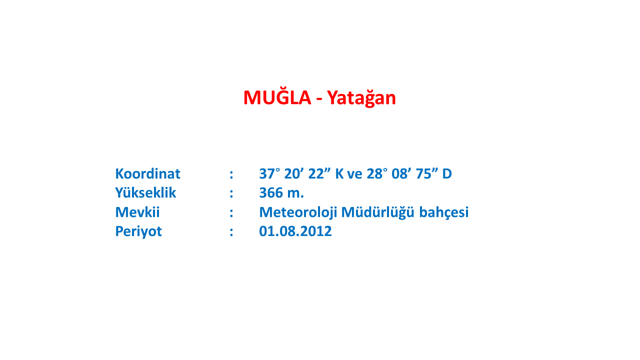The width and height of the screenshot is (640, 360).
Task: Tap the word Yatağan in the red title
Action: pos(361,98)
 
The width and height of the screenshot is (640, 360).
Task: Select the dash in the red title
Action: pos(319,99)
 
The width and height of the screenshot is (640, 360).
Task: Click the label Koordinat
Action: pos(147,173)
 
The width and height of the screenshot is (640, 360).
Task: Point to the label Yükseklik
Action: pos(145,192)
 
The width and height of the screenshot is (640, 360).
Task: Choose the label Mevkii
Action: pos(137,212)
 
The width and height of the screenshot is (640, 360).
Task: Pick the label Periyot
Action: pos(138,231)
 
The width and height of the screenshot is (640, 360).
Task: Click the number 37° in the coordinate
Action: pos(269,173)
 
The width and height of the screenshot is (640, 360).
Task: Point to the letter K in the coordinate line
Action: pos(339,173)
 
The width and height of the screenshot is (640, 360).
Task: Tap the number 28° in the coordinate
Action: pos(377,173)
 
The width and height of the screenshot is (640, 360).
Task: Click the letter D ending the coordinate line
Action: pos(447,173)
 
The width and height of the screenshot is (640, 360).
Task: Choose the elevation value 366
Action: pos(271,193)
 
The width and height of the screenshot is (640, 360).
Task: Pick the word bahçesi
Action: pos(444,212)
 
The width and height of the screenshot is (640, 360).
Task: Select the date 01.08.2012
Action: pos(295,231)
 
